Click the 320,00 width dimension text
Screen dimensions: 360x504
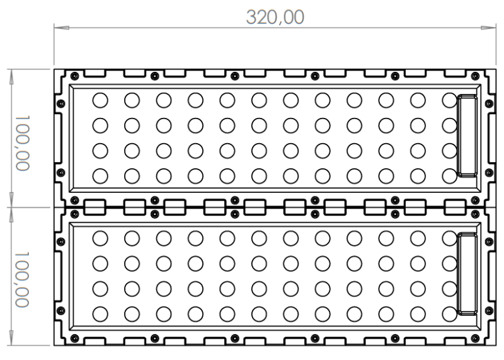click(x=275, y=16)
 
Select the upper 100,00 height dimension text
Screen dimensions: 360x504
click(x=23, y=142)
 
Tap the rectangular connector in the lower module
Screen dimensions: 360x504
click(x=467, y=274)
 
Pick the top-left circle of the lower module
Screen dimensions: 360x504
click(x=100, y=238)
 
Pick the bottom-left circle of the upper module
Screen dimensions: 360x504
click(x=100, y=175)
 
